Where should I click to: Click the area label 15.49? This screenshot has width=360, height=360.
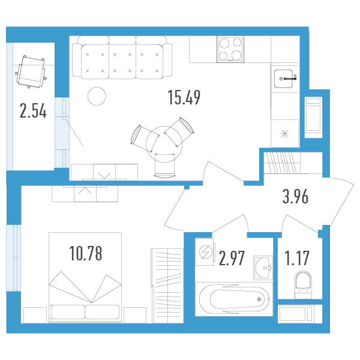tap(184, 97)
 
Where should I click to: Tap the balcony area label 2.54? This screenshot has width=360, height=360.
tap(33, 110)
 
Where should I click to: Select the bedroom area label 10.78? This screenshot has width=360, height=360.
tap(86, 253)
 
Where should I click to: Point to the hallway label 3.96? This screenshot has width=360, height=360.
tap(295, 197)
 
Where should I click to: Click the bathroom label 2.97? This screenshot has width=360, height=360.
tap(232, 258)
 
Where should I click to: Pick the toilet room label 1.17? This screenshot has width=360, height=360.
tap(297, 258)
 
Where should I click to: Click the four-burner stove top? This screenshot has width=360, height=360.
tap(230, 49)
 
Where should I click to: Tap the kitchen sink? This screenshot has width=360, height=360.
tap(284, 79)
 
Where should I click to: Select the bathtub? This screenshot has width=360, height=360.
tap(235, 299)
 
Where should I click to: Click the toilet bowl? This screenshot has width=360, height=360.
tap(303, 284)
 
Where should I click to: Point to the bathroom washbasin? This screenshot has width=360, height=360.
tap(263, 268)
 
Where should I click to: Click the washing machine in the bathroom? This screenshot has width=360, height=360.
tap(205, 252)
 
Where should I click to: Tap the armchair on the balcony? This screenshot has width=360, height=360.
tap(31, 71)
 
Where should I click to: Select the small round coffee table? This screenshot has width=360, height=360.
tap(97, 96)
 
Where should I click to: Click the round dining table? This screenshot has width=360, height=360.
tap(164, 144)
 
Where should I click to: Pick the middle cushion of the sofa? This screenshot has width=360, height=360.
tap(122, 61)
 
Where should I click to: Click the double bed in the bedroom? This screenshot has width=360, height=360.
tap(85, 278)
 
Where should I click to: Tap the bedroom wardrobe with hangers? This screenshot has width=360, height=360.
tap(168, 286)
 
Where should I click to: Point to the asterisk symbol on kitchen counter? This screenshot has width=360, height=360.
tap(284, 133)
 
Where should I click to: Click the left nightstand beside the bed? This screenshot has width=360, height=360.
tap(35, 315)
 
